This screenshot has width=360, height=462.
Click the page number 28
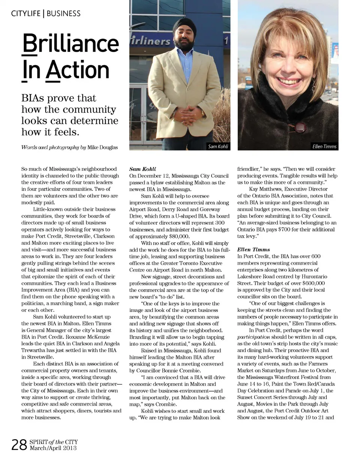coord(19,445)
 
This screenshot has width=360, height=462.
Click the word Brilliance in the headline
coord(70,43)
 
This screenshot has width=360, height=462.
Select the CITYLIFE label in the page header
coord(26,14)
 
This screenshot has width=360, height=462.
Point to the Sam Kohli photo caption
coord(218,146)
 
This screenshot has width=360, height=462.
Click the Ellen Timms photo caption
coord(324,146)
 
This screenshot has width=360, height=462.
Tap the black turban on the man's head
coord(184,26)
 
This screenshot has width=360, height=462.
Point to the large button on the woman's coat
coord(300,127)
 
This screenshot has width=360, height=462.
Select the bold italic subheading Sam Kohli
coord(142,169)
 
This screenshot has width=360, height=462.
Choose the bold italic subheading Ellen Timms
coord(253,250)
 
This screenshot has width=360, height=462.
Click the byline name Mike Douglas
coord(102,147)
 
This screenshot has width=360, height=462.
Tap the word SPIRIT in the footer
coord(38,442)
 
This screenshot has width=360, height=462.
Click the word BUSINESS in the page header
coord(63,14)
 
